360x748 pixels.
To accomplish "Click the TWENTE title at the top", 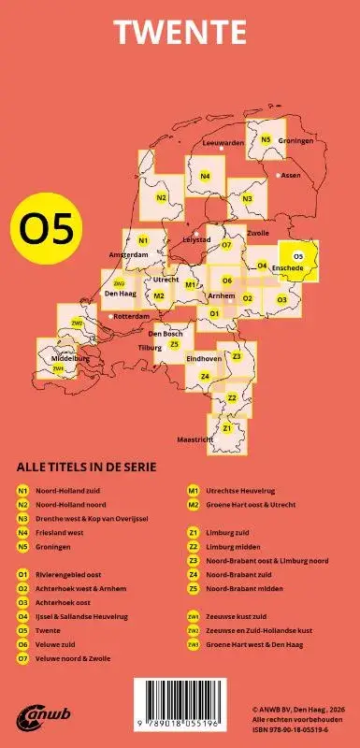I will point(180,31).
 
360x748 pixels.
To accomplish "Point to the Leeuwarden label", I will point(223,143).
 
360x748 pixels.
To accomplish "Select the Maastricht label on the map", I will point(195,439).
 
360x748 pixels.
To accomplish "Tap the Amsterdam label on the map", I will point(127,254).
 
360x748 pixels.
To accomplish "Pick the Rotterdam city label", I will point(131,316).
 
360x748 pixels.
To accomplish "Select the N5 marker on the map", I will point(266,140).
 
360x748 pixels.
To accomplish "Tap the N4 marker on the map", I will point(205,176).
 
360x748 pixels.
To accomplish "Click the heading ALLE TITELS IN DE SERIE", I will point(86,467).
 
